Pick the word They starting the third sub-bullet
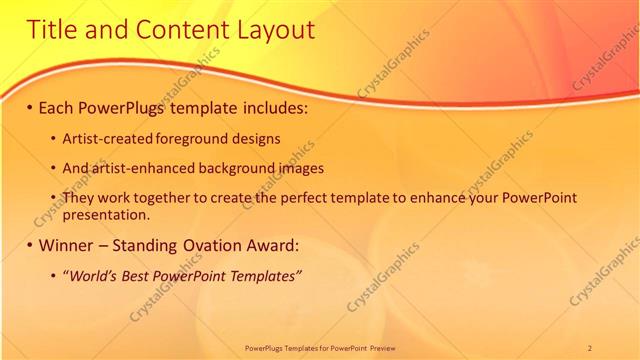78,199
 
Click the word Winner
70,245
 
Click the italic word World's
90,275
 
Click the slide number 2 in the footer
590,347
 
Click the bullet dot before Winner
30,245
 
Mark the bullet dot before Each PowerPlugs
30,106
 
